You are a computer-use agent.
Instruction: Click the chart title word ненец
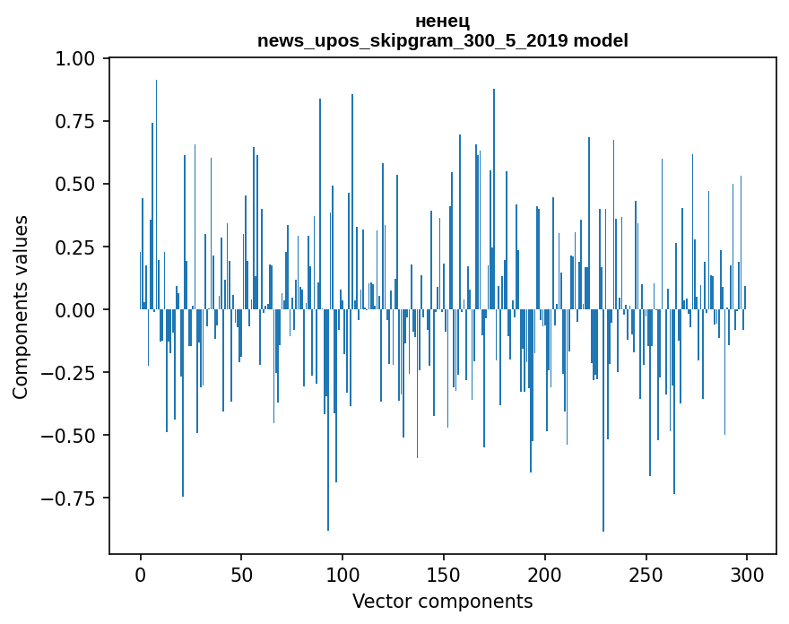pos(443,22)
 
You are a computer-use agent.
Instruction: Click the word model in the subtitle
pos(601,40)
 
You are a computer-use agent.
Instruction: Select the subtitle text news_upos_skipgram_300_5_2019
pos(412,40)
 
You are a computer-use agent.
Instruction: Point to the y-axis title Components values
pos(21,307)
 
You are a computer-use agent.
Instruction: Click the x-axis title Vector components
pos(443,602)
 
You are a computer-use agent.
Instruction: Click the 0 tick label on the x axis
pos(141,576)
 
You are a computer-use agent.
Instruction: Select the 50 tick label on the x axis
pos(241,576)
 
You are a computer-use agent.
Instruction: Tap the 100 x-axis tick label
pos(342,576)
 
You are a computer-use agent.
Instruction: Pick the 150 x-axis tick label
pos(444,576)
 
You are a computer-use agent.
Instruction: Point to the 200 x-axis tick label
pos(544,576)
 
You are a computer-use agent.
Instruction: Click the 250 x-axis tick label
pos(646,576)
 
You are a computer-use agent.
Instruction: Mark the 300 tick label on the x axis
pos(746,576)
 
